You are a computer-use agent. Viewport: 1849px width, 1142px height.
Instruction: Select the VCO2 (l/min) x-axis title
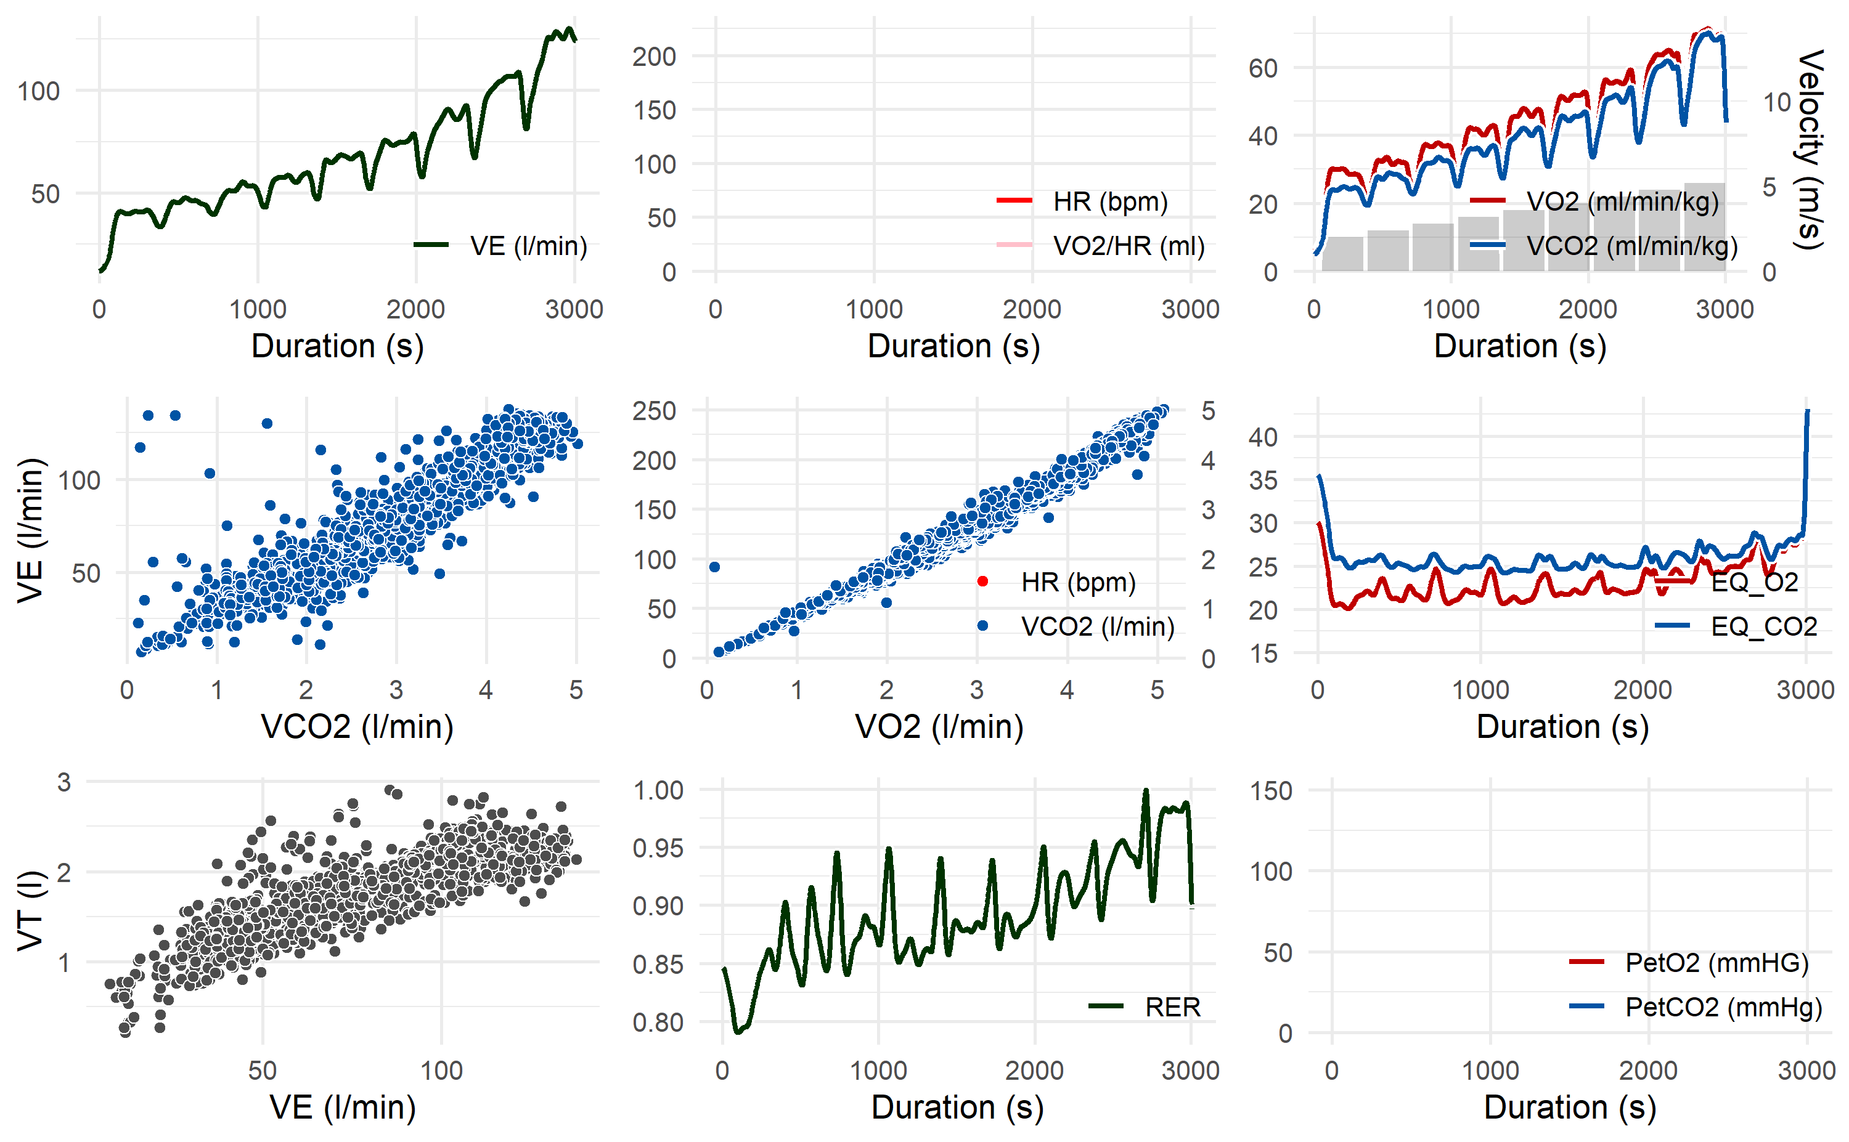tap(357, 727)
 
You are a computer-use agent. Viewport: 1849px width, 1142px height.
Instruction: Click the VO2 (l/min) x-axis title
tap(939, 727)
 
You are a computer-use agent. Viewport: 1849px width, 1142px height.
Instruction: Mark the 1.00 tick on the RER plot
tap(658, 791)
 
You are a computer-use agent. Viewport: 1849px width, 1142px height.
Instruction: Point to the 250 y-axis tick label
tap(655, 411)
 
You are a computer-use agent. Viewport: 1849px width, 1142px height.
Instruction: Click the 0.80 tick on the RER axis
tap(658, 1023)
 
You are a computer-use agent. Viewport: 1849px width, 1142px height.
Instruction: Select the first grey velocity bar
tap(1343, 254)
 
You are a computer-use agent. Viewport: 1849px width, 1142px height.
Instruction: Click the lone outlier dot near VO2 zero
tap(714, 567)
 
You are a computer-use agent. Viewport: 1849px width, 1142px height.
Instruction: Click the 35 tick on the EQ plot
tap(1263, 480)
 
